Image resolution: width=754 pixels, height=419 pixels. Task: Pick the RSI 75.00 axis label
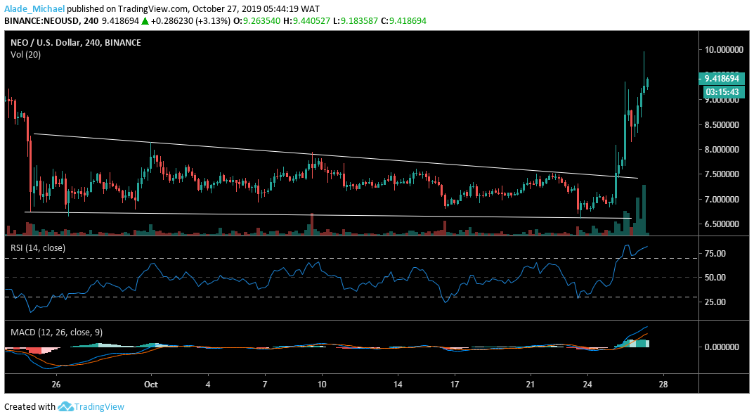tap(715, 253)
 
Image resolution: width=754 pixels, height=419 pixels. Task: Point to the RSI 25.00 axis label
tap(715, 302)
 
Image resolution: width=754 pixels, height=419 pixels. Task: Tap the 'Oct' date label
tap(150, 385)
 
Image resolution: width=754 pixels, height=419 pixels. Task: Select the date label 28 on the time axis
tap(663, 385)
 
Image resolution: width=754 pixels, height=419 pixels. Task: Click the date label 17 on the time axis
tap(455, 385)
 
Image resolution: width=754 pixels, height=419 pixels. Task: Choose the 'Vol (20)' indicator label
tap(25, 54)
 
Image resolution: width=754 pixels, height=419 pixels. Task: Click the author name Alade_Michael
tap(34, 8)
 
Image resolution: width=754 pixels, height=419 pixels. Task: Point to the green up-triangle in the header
tap(145, 21)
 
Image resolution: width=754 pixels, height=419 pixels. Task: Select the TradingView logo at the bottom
tap(91, 406)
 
